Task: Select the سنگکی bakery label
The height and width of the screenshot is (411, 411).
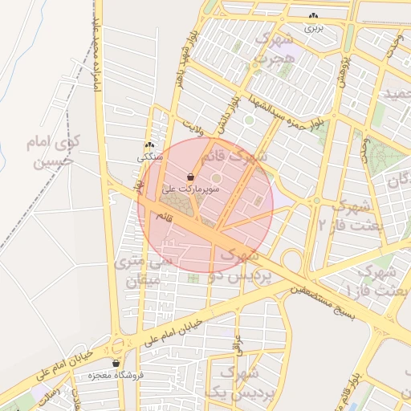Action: pyautogui.click(x=150, y=157)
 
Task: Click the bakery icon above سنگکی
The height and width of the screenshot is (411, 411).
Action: pyautogui.click(x=149, y=146)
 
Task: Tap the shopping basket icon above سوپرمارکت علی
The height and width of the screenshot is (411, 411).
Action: pyautogui.click(x=190, y=177)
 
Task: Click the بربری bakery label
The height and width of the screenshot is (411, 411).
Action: pyautogui.click(x=312, y=27)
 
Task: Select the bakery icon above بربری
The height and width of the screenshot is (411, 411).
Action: pyautogui.click(x=313, y=16)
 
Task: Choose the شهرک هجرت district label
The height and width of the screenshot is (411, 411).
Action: pyautogui.click(x=271, y=47)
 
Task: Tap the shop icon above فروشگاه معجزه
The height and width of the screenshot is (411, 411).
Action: pyautogui.click(x=116, y=363)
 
